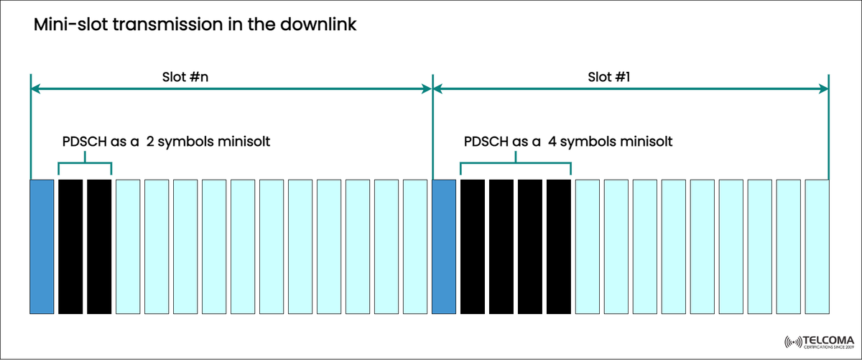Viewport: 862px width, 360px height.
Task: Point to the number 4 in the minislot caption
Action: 553,142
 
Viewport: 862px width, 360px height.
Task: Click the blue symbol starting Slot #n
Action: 42,246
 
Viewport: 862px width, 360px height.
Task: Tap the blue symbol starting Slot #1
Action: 444,246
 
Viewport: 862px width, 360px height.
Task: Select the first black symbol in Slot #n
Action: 70,246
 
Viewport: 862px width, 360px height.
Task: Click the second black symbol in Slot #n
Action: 99,246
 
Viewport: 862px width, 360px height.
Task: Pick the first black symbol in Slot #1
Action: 473,246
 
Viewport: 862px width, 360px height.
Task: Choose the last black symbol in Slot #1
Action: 558,246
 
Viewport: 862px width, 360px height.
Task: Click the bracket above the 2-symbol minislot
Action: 85,165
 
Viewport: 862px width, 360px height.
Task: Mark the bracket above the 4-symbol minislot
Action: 515,165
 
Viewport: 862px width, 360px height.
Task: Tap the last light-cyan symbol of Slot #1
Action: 817,246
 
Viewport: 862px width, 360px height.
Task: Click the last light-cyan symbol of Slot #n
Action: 415,246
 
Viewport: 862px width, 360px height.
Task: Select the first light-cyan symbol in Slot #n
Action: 128,246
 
